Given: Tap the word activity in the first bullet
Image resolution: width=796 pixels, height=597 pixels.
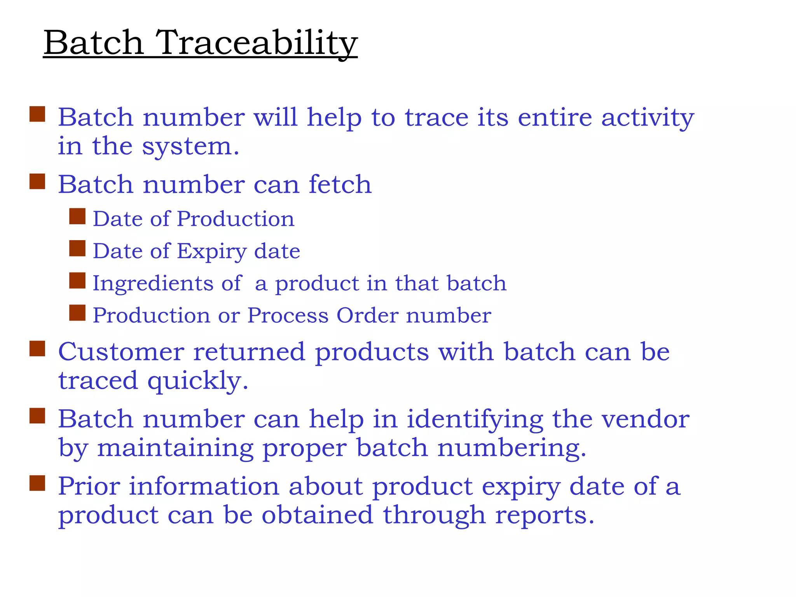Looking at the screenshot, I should pos(648,118).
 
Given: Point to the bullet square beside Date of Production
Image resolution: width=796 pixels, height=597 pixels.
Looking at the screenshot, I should pos(77,216).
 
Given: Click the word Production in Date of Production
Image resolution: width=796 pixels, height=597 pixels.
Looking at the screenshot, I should pos(236,219).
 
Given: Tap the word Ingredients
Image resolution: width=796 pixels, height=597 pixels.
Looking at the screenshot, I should pos(153,283).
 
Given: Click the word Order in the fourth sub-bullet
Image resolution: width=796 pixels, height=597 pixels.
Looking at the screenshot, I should pos(367,315).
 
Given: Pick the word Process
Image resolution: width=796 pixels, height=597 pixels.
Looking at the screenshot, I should pos(288,315).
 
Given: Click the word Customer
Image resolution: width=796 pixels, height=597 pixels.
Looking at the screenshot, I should pos(121,352).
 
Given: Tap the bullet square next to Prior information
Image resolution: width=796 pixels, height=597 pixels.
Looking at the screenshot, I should pos(37,484).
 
